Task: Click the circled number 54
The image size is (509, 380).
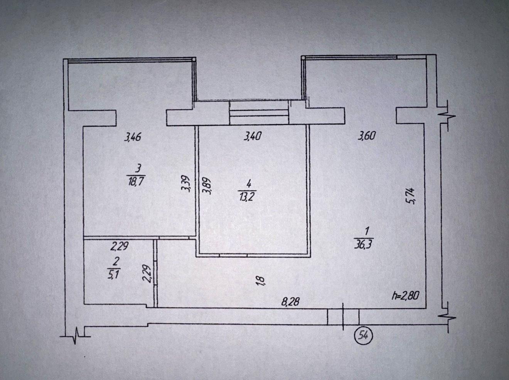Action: [363, 336]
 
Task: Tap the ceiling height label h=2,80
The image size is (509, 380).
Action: [405, 296]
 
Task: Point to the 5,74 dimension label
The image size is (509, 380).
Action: [411, 196]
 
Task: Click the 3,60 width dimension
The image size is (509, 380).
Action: [367, 136]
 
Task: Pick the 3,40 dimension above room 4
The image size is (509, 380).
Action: [253, 136]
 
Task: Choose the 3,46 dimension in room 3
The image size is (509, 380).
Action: [132, 137]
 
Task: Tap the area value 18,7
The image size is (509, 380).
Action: [136, 181]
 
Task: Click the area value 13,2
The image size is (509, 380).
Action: [247, 198]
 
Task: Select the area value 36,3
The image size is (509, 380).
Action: [363, 244]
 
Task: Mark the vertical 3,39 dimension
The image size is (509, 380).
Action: [185, 183]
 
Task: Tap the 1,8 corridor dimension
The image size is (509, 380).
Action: [261, 281]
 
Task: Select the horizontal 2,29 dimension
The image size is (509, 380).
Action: [119, 246]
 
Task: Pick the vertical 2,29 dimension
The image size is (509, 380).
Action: [147, 274]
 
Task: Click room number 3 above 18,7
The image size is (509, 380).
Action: [138, 169]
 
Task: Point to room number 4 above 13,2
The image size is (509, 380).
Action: [248, 185]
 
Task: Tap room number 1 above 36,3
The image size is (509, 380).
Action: [367, 231]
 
